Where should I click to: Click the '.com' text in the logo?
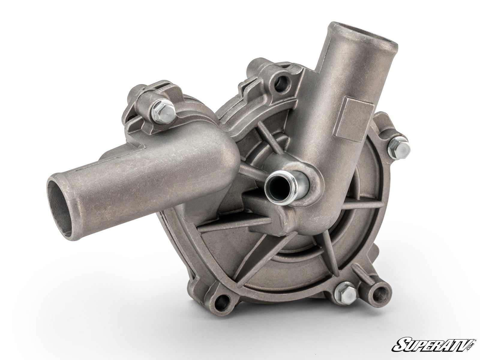pyautogui.click(x=471, y=345)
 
